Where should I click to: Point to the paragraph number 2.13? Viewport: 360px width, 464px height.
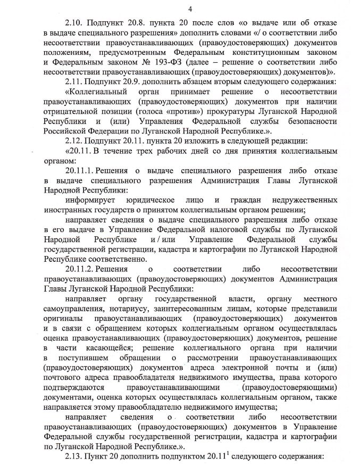click(74, 457)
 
